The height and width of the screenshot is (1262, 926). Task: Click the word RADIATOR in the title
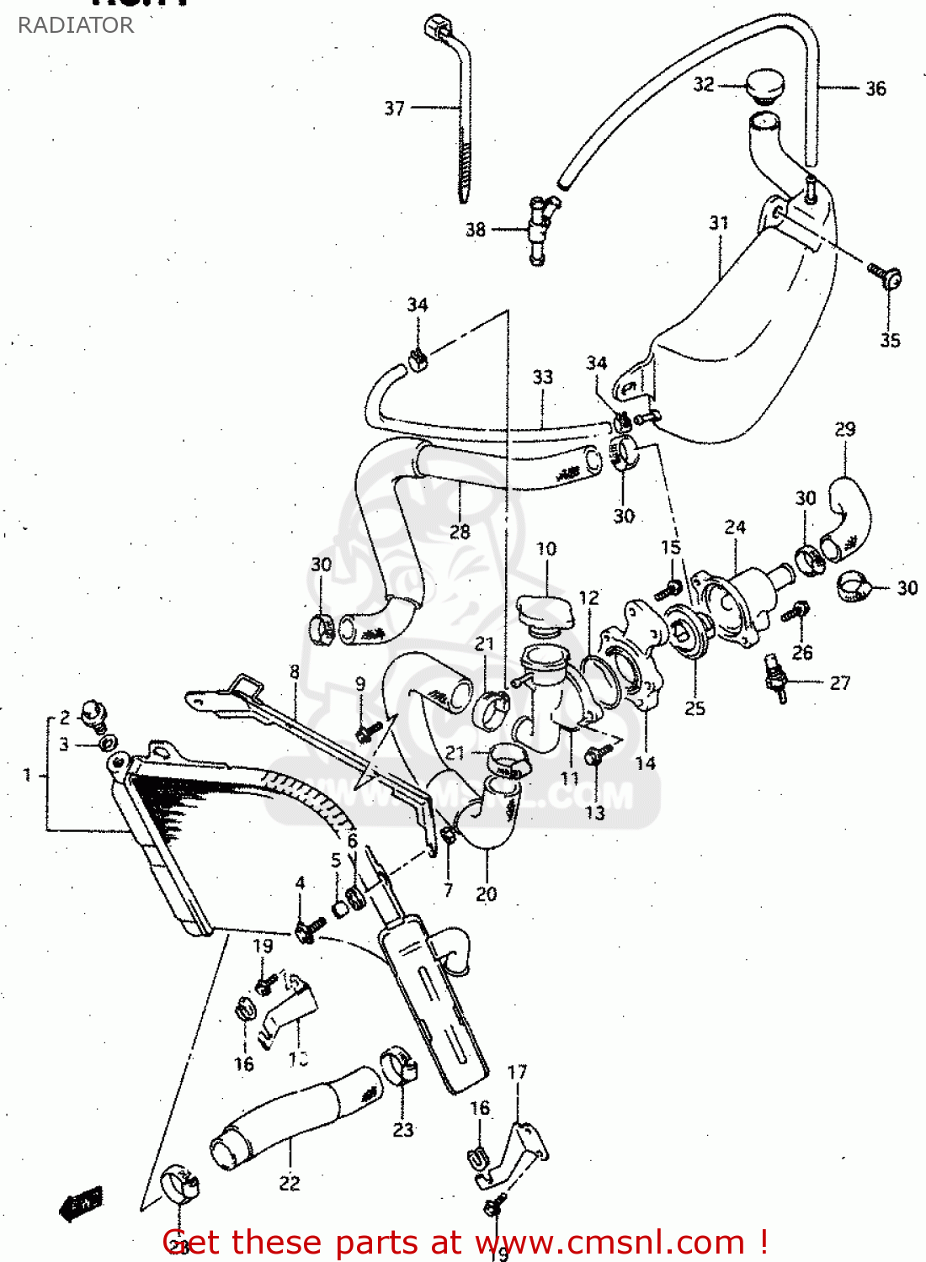click(x=76, y=25)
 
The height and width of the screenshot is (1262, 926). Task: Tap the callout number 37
click(x=395, y=109)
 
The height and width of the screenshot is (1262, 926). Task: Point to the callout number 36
click(x=875, y=88)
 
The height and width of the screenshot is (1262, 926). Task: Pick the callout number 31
click(x=718, y=223)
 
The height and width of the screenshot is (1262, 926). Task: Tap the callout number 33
click(x=543, y=377)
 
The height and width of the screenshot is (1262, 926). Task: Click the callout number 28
click(x=460, y=532)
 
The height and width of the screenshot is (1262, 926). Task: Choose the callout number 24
click(x=735, y=528)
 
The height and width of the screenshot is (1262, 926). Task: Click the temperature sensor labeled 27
click(x=775, y=677)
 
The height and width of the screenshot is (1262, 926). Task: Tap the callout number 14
click(x=645, y=763)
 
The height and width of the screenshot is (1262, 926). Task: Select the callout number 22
click(x=290, y=1183)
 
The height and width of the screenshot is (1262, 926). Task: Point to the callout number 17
click(x=517, y=1072)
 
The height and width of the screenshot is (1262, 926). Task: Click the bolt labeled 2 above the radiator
click(x=93, y=713)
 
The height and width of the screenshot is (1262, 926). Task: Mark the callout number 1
click(x=27, y=774)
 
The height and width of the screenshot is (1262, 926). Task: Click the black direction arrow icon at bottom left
click(x=82, y=1203)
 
